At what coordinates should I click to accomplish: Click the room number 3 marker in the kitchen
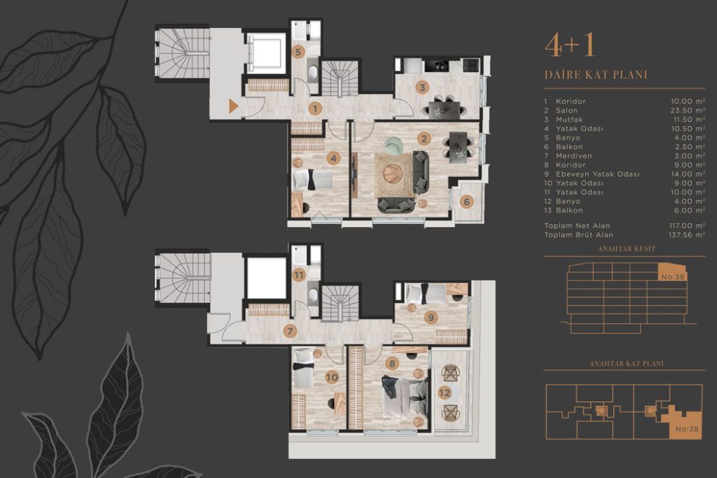pyautogui.click(x=422, y=88)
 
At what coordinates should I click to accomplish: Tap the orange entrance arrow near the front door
pyautogui.click(x=233, y=107)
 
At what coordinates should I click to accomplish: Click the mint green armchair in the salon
pyautogui.click(x=394, y=146)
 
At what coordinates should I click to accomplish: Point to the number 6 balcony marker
pyautogui.click(x=466, y=201)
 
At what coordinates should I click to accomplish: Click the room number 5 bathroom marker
pyautogui.click(x=298, y=52)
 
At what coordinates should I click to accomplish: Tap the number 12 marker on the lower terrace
pyautogui.click(x=445, y=392)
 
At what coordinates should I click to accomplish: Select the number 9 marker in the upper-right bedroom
pyautogui.click(x=430, y=317)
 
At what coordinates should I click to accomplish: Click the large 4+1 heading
pyautogui.click(x=570, y=46)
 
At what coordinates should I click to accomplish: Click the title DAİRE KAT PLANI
pyautogui.click(x=596, y=74)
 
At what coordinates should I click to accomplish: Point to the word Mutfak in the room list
pyautogui.click(x=569, y=119)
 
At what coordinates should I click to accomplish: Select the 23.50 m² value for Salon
pyautogui.click(x=688, y=110)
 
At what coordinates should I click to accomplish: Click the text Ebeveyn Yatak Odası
pyautogui.click(x=598, y=174)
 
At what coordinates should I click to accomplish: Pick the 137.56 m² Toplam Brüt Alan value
pyautogui.click(x=686, y=235)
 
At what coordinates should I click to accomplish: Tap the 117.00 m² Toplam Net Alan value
pyautogui.click(x=687, y=226)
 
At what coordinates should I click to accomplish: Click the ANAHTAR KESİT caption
pyautogui.click(x=627, y=249)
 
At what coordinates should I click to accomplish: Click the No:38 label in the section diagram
pyautogui.click(x=673, y=277)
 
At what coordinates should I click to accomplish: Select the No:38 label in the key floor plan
pyautogui.click(x=688, y=429)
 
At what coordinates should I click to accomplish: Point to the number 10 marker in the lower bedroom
pyautogui.click(x=331, y=377)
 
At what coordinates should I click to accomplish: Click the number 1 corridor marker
pyautogui.click(x=314, y=109)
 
